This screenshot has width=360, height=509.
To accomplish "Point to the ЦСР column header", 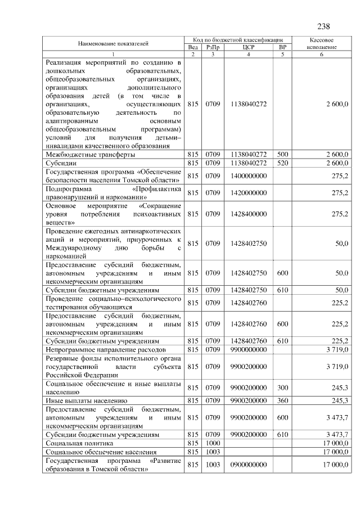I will [x=249, y=47].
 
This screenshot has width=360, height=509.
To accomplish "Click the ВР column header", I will [x=282, y=47].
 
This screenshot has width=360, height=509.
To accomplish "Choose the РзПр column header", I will [x=213, y=47].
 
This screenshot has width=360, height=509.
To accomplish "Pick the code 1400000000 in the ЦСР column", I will [x=249, y=176].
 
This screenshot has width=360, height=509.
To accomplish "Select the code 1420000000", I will [x=249, y=193].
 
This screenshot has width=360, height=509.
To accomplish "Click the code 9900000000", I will [x=249, y=350].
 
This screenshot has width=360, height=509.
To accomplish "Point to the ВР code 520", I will [x=282, y=163].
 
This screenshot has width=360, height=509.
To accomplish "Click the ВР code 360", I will [x=282, y=400].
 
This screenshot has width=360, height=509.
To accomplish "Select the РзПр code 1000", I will [x=213, y=443].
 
